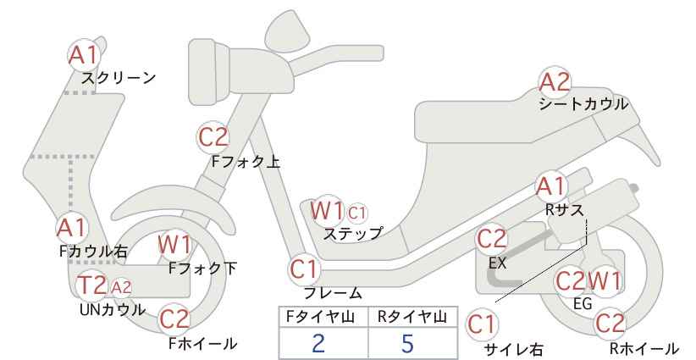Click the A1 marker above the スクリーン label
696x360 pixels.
point(84,56)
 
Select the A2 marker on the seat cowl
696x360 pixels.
point(555,82)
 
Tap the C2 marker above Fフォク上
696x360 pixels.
point(213,137)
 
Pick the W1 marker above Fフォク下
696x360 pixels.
point(175,245)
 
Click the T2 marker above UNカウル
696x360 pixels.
point(91,285)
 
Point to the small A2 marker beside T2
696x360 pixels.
point(121,288)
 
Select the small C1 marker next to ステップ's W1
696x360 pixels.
point(357,213)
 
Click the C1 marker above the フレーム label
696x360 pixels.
point(305,269)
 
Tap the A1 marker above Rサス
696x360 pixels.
point(551,187)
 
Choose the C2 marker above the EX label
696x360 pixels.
point(491,239)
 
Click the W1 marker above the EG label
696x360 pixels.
point(604,281)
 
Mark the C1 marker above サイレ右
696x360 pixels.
point(482,325)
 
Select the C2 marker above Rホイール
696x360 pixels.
point(610,324)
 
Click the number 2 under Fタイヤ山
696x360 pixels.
point(318,343)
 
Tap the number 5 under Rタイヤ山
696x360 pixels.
point(407,343)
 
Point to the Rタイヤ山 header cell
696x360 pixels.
point(413,318)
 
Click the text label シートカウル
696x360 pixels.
point(583,104)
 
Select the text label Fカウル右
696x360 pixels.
point(93,252)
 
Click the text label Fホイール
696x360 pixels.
point(203,344)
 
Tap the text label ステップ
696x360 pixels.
point(353,234)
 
